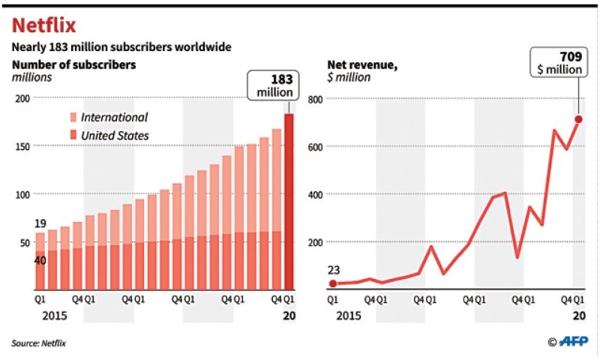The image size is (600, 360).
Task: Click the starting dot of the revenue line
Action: point(332,283)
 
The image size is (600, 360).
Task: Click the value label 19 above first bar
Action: point(40,223)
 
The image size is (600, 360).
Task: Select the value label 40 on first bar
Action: point(40,259)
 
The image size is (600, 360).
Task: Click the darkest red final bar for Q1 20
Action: point(289,202)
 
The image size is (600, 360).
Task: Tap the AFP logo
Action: point(567,342)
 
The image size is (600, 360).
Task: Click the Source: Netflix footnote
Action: point(38,343)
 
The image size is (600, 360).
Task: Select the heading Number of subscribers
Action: point(73,64)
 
